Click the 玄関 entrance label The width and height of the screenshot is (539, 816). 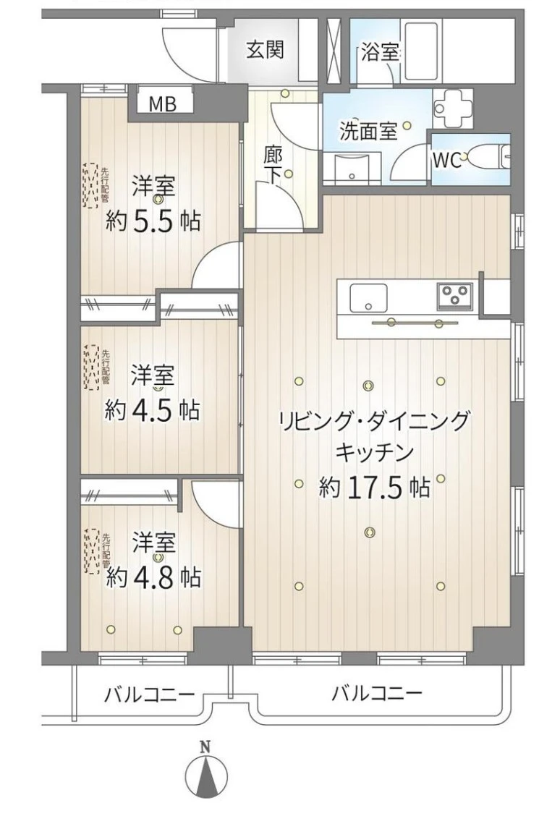[266, 50]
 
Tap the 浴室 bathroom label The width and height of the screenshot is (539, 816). [381, 52]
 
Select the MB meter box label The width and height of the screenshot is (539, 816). [163, 104]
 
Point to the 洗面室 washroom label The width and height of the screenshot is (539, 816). [368, 131]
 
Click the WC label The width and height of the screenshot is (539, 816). [447, 160]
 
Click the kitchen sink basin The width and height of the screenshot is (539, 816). [368, 298]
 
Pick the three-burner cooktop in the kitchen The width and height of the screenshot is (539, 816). [455, 295]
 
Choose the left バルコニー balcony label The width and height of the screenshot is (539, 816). [149, 694]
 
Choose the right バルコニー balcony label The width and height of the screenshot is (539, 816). [378, 693]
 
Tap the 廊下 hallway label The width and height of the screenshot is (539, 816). [273, 165]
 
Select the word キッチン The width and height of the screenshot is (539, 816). [375, 454]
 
